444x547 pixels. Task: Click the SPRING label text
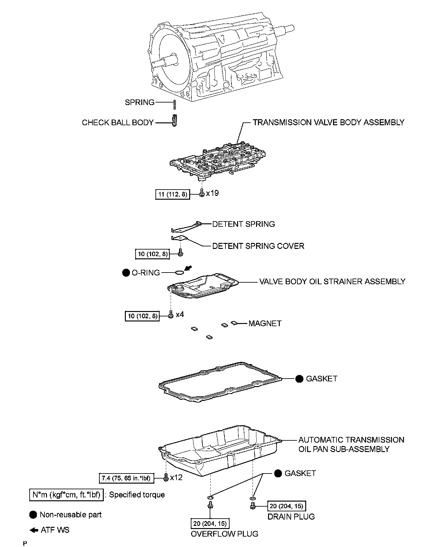coord(139,103)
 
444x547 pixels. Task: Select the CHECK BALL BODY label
coord(118,123)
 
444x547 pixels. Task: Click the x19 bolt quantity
coord(213,193)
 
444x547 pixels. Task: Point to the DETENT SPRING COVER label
coord(258,246)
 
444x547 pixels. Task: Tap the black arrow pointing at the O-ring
coord(188,268)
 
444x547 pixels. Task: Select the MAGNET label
coord(265,323)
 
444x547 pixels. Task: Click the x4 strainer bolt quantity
coord(180,315)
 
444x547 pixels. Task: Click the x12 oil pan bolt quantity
coord(176,478)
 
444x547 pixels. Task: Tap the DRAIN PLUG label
coord(291,517)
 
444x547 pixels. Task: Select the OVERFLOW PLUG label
coord(225,534)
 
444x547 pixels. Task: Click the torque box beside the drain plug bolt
coord(287,506)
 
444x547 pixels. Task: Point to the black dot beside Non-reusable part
coord(33,515)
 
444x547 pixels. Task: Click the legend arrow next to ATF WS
coord(34,530)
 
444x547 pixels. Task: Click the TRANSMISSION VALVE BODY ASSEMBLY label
coord(328,122)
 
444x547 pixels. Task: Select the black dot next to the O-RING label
coord(126,273)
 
